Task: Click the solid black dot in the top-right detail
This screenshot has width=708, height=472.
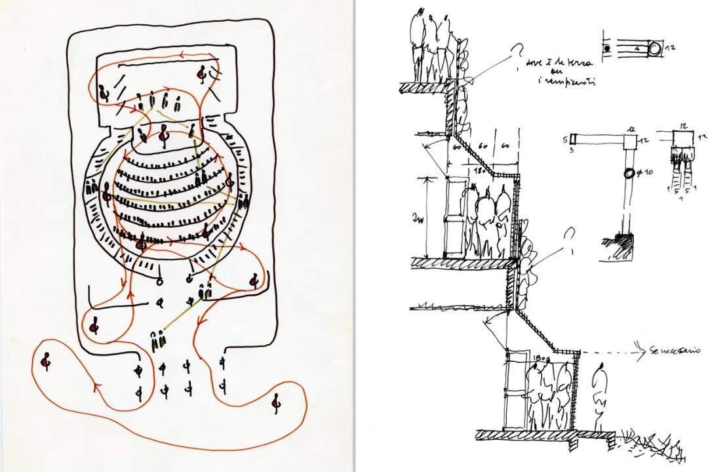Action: tap(607, 49)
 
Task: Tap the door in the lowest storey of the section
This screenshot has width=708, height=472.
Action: tap(517, 390)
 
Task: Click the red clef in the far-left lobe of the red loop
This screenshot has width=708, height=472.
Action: tap(46, 360)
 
